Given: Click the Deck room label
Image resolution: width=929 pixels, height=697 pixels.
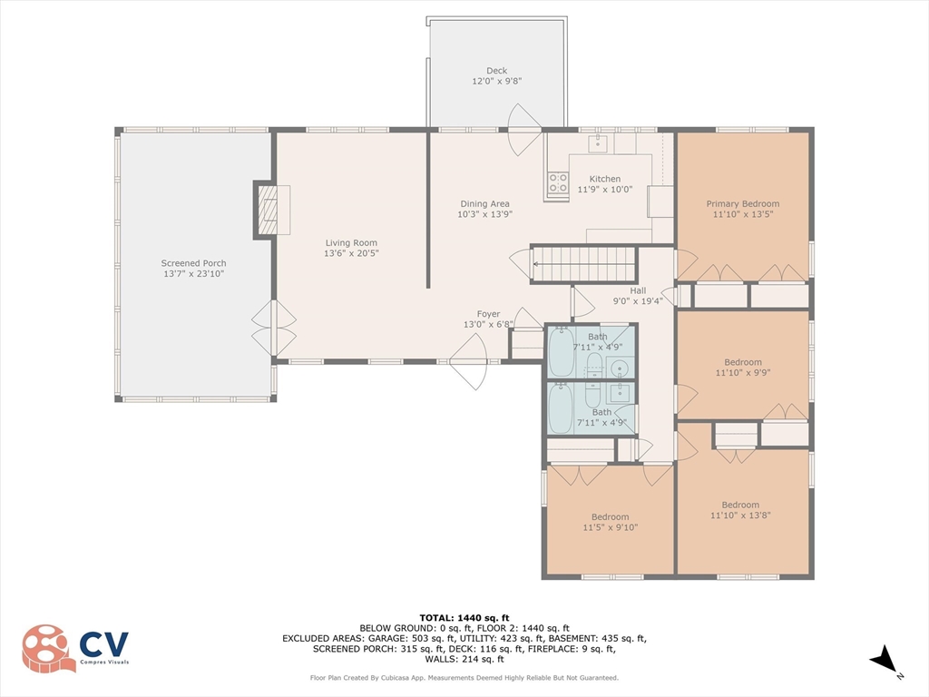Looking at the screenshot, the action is [496, 76].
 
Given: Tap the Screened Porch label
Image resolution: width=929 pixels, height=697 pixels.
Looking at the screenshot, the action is [194, 269].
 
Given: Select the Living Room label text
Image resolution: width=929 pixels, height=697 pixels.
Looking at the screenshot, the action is [351, 248].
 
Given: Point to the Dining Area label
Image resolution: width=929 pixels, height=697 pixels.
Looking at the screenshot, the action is [484, 209].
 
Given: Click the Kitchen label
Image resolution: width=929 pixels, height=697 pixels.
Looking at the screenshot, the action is [605, 183].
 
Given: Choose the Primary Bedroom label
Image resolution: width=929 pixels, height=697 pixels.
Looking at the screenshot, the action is [743, 209].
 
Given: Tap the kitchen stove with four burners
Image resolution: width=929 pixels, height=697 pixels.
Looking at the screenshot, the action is [557, 182].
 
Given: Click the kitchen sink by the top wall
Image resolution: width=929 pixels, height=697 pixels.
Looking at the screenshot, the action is [598, 142].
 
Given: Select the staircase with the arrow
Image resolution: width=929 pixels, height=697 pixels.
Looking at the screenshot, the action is [583, 264].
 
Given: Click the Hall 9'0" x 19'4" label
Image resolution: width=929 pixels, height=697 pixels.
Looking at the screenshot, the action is [638, 296].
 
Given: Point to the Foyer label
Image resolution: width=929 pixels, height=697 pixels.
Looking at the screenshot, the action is [488, 319].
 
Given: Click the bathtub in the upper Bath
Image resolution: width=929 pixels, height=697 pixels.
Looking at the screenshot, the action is [561, 353].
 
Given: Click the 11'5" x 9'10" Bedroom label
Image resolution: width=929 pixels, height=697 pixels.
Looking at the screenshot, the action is [611, 522].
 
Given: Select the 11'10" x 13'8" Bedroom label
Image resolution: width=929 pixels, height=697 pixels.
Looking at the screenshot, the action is [740, 510].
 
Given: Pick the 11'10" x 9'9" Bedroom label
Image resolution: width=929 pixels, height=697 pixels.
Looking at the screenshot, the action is [743, 367].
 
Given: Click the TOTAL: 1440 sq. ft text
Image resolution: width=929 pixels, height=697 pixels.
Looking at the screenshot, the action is [464, 617].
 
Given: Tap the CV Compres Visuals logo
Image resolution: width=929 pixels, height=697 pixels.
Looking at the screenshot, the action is [75, 648].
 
